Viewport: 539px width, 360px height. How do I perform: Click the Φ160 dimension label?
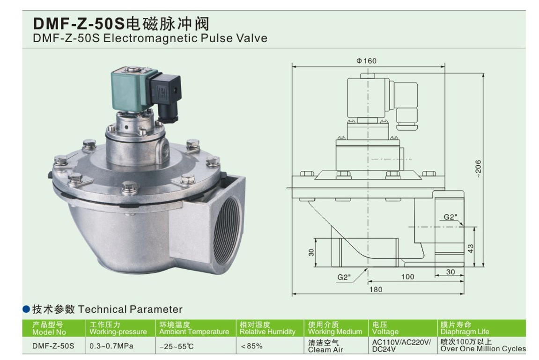click(367, 61)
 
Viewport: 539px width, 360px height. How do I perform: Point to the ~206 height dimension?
click(478, 169)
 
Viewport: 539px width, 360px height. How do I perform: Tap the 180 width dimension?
click(376, 290)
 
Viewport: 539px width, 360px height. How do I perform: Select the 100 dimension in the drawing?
click(408, 277)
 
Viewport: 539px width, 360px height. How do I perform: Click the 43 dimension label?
click(471, 248)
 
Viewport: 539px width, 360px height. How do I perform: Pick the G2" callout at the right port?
click(450, 217)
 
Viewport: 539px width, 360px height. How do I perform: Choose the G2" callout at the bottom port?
click(344, 277)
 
